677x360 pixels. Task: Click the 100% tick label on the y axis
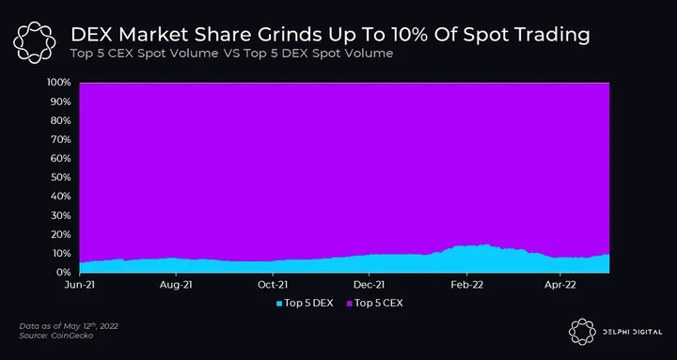[58, 83]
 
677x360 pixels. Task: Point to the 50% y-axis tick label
[60, 178]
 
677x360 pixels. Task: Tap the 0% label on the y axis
[63, 273]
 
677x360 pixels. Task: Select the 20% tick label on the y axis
[60, 234]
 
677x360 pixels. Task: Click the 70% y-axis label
[60, 139]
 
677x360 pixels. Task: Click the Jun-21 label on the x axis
[80, 286]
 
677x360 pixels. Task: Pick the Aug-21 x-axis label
[176, 286]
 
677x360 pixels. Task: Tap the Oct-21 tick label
[273, 286]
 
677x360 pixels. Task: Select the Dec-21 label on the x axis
[370, 286]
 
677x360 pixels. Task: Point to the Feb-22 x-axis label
[466, 286]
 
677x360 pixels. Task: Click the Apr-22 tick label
[560, 286]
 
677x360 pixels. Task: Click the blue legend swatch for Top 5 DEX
[279, 304]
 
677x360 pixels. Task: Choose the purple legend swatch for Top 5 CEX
[349, 304]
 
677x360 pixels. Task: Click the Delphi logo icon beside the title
[35, 42]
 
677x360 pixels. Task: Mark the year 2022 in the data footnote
[108, 326]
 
